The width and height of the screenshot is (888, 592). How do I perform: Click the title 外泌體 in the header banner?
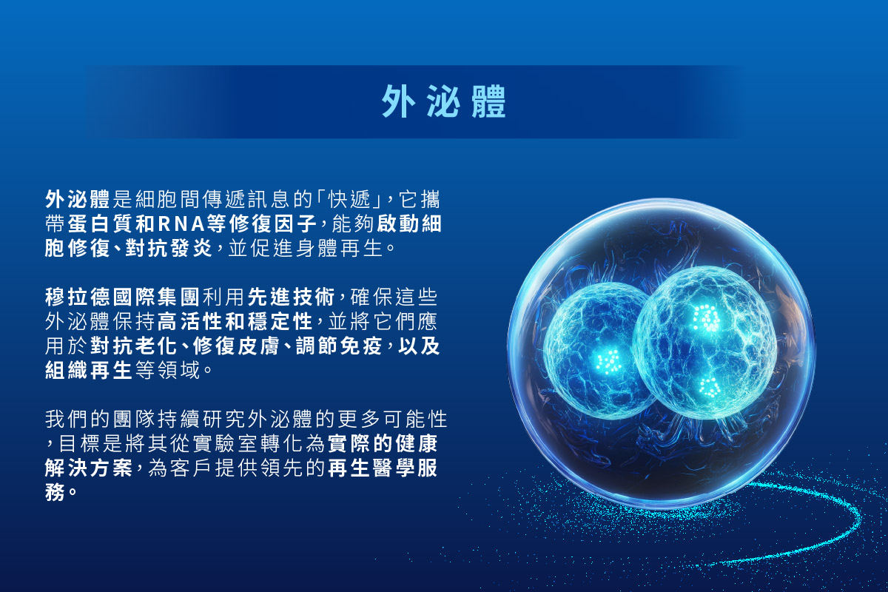coord(443,101)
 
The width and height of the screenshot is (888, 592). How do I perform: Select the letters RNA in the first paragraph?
coord(181,224)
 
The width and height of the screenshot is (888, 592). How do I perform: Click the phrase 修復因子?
coord(273,224)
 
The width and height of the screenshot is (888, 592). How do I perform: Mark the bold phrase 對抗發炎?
coord(169,249)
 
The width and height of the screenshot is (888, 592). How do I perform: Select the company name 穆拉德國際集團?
coord(122,297)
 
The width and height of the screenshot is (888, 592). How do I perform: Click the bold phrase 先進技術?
coord(292,297)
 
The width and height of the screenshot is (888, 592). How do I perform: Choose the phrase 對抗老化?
coord(133,346)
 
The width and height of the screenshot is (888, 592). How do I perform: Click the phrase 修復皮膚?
coord(235,346)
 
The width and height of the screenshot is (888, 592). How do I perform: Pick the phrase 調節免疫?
coord(339,346)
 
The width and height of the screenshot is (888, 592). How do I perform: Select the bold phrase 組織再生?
coord(88,370)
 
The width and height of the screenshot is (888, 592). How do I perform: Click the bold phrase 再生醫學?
coord(371,468)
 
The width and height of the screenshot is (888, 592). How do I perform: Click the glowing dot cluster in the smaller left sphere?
coord(608,362)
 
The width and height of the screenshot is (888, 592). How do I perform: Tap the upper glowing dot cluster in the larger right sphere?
coord(707,317)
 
